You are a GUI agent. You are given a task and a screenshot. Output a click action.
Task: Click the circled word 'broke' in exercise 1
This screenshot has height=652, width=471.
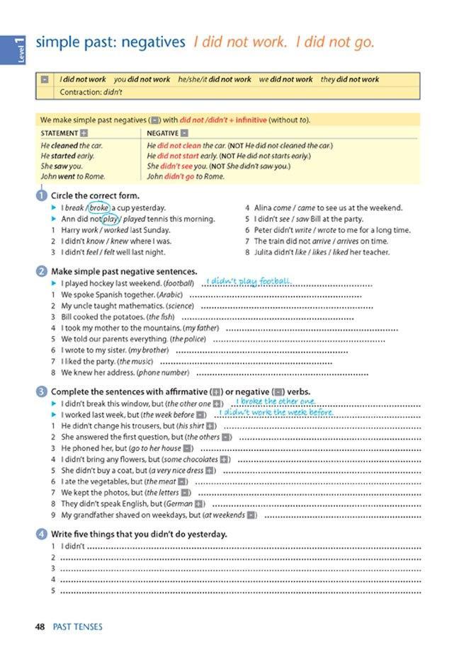tap(99, 208)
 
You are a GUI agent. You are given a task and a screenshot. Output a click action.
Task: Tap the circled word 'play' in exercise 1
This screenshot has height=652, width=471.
tap(109, 219)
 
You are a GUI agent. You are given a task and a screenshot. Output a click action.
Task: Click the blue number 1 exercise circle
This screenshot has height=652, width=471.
tap(41, 196)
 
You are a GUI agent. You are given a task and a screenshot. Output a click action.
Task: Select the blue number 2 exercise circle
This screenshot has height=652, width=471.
tap(41, 272)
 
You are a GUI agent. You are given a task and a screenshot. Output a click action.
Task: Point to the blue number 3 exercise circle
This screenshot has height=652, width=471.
tap(41, 392)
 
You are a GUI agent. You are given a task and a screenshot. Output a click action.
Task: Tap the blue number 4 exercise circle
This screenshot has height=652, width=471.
tap(41, 534)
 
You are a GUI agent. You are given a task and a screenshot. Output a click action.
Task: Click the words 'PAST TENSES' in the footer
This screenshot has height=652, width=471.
tap(78, 627)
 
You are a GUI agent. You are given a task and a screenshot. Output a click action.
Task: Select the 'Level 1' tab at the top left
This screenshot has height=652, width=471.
tap(19, 50)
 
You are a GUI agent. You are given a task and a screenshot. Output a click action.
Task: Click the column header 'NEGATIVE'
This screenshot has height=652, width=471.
tap(162, 133)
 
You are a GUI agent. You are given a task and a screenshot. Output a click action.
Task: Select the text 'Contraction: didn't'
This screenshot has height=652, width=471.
tap(91, 92)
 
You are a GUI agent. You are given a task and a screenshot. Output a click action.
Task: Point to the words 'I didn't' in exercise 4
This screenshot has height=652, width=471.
tap(73, 546)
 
